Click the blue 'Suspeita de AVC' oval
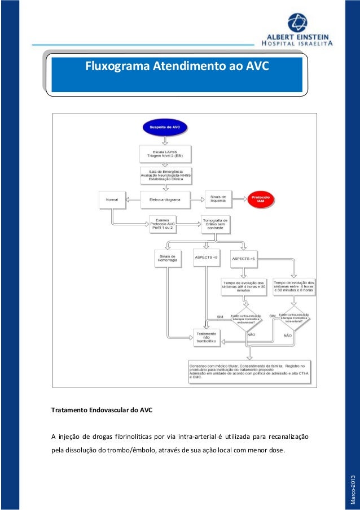164,128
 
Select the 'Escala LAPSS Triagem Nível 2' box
166,154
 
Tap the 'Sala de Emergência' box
166,175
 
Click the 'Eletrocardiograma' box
165,199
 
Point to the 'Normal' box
112,199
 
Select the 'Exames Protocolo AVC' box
164,224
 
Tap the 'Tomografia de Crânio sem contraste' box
215,224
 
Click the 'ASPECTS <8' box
206,258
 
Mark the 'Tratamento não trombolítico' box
206,337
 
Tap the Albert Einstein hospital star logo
297,23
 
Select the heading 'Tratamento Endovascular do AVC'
102,409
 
